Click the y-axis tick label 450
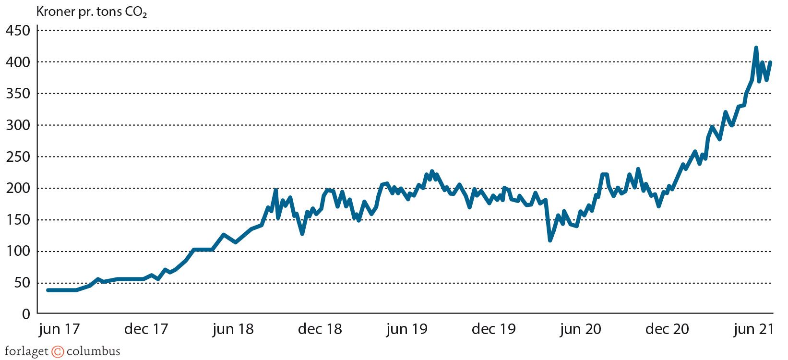tap(18, 31)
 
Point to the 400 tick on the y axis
tap(18, 62)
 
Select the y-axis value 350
tap(18, 94)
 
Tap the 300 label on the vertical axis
tap(18, 126)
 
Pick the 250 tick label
tap(18, 157)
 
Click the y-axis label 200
tap(18, 189)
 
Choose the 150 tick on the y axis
tap(18, 220)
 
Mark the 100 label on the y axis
tap(18, 252)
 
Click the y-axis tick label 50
tap(22, 283)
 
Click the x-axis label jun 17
tap(59, 329)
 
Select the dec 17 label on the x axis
tap(146, 329)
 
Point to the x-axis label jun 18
tap(233, 329)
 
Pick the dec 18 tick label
tap(320, 329)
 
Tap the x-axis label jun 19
tap(406, 329)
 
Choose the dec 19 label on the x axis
tap(494, 329)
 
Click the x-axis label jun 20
tap(580, 329)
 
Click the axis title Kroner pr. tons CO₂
tap(91, 12)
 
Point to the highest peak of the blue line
tap(756, 48)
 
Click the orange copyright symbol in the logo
tap(58, 352)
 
